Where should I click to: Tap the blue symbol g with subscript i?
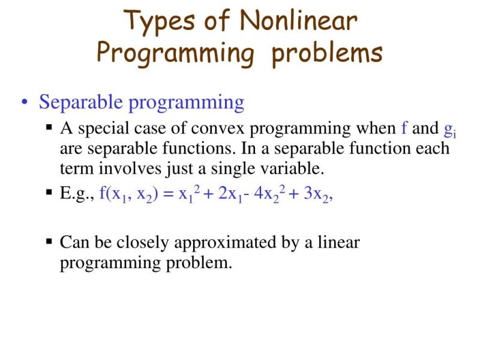449,130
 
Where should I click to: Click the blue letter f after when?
405,128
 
